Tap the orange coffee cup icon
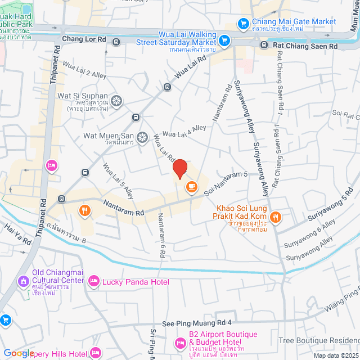[192, 186]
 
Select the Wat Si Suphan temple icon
[116, 101]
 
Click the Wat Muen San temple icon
[142, 137]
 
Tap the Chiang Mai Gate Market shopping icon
[244, 23]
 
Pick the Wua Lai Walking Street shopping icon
[224, 40]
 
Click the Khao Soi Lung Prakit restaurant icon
[275, 217]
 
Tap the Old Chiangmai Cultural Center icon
[23, 280]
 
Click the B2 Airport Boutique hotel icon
[180, 342]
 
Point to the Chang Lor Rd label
[84, 39]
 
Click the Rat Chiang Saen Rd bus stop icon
[264, 46]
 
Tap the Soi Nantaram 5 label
[226, 184]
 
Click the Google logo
[19, 353]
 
